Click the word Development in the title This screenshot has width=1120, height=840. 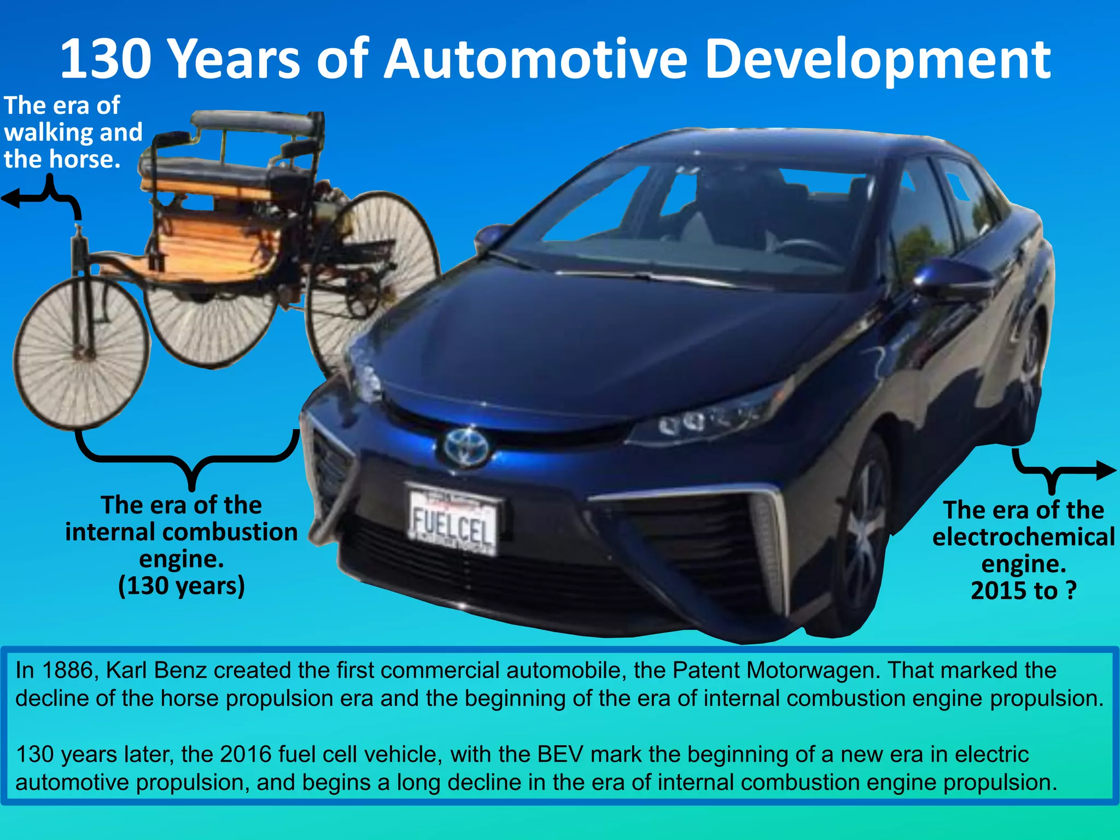pos(877,59)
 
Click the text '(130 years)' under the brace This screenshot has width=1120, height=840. pos(182,586)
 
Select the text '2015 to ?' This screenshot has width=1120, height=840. pos(1023,591)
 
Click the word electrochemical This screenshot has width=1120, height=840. pos(1023,537)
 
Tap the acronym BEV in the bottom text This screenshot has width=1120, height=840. pos(561,755)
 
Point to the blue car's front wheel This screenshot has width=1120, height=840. pos(861,541)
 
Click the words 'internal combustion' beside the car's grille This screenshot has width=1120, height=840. pos(182,532)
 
